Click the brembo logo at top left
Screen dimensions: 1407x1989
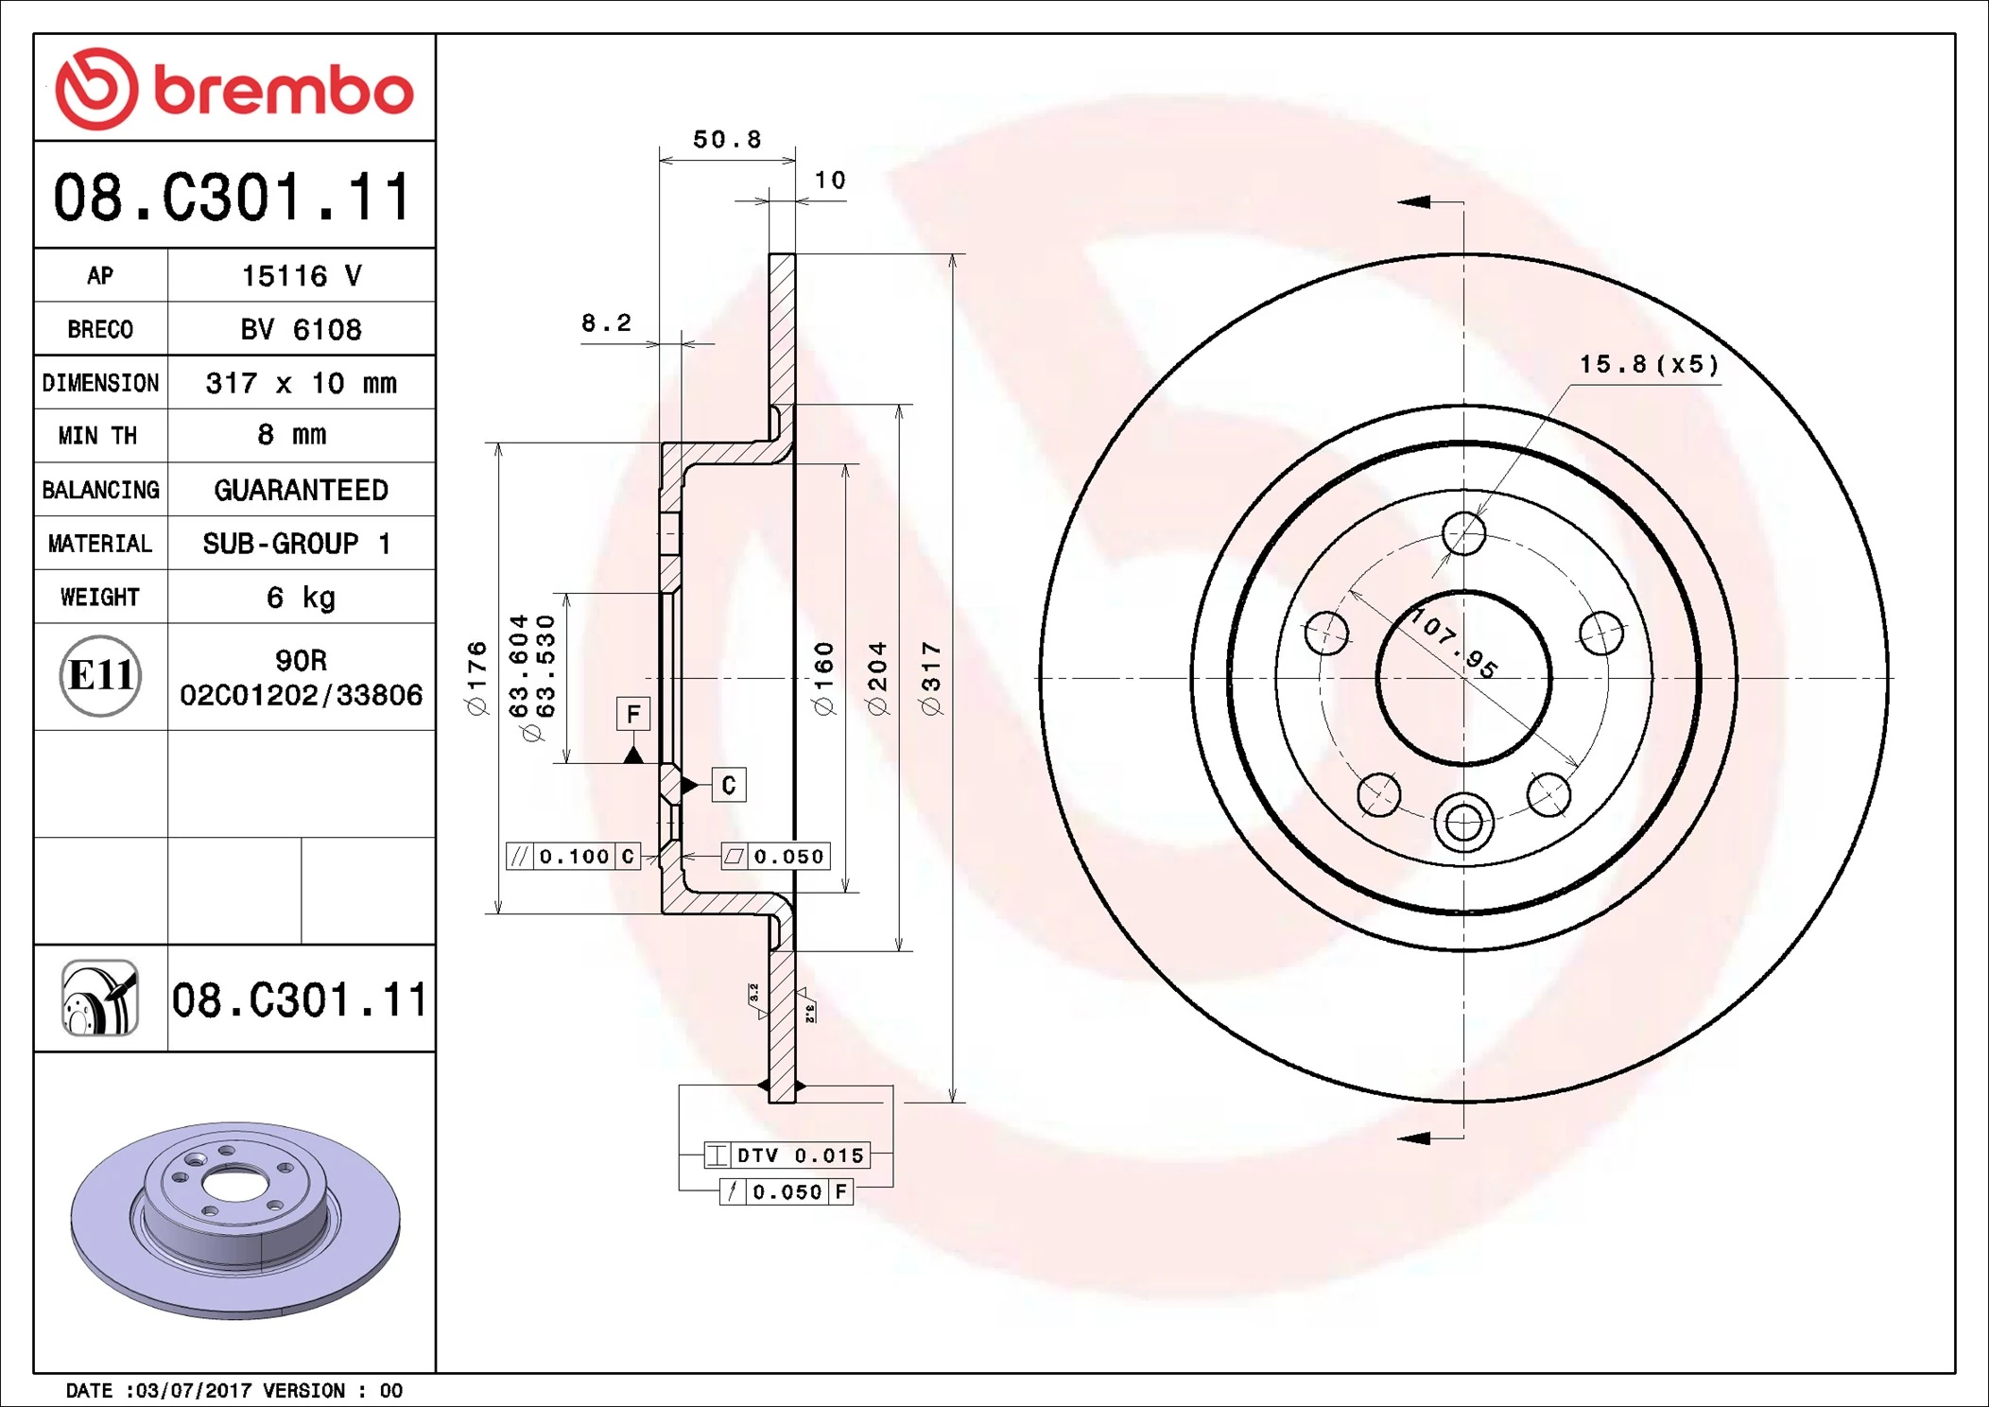pos(233,89)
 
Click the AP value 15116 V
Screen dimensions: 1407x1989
pos(301,276)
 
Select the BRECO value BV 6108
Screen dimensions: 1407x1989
pos(301,329)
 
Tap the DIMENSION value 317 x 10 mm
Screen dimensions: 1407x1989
pos(301,383)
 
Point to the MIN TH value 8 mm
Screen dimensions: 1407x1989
pos(291,435)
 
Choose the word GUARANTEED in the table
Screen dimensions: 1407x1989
pos(301,490)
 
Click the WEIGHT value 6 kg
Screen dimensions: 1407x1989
pos(301,598)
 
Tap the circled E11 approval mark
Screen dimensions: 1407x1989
pos(100,675)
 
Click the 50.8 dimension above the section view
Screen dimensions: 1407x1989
pos(726,140)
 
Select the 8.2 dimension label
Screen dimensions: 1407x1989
pos(606,323)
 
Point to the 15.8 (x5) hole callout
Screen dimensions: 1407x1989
pos(1649,364)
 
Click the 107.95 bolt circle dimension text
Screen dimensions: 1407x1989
pos(1455,645)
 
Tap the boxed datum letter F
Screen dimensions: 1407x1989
pos(633,714)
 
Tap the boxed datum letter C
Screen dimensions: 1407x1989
pos(728,785)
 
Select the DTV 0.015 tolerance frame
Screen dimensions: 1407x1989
pos(787,1155)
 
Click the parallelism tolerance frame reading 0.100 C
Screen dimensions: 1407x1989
pos(574,857)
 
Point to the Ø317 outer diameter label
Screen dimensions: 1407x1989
pos(931,678)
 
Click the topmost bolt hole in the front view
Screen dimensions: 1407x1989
pos(1463,533)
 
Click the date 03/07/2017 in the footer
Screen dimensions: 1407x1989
pos(194,1390)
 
